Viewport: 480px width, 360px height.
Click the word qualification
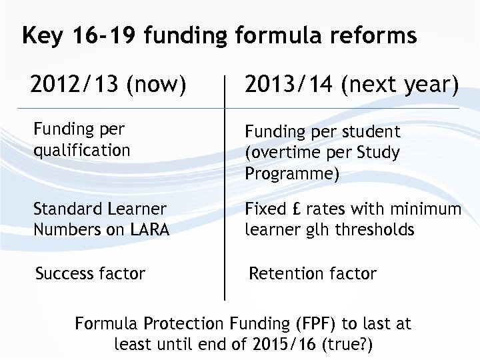coord(82,150)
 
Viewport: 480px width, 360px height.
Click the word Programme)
coord(292,174)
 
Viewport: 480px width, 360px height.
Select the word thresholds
coord(377,230)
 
